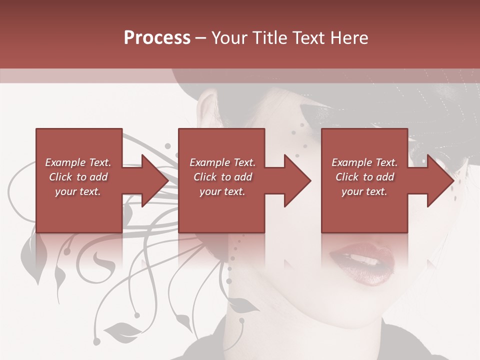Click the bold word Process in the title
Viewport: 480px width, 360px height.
(x=157, y=38)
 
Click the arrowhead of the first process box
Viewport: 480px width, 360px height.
(x=154, y=180)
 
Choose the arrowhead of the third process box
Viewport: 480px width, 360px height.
(x=440, y=180)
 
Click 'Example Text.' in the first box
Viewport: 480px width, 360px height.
(x=78, y=162)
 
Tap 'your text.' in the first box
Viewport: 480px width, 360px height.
(x=78, y=191)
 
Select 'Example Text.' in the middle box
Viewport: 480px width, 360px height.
(x=222, y=162)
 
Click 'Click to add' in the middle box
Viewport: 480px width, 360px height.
(x=222, y=177)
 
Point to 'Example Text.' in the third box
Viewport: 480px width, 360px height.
(x=364, y=162)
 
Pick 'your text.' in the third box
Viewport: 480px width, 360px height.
(x=364, y=191)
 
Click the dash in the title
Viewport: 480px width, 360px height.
(x=201, y=38)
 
